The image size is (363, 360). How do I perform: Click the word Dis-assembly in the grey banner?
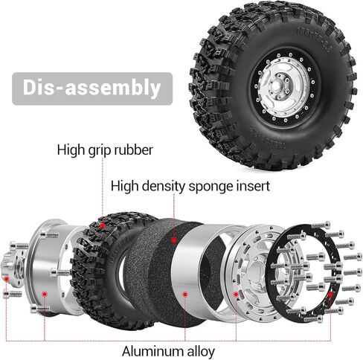91,88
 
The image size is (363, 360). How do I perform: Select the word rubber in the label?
132,150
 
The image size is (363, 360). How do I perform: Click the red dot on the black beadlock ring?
330,295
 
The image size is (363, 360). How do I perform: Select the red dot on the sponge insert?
174,240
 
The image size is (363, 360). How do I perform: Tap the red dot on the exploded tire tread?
102,225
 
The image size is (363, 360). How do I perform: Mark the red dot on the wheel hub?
7,279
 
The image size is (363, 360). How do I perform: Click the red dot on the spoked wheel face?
236,295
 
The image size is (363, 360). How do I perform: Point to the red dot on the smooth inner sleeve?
184,295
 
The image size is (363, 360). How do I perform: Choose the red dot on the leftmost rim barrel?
45,295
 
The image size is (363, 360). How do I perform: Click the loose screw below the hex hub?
12,295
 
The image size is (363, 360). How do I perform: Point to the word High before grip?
71,150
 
